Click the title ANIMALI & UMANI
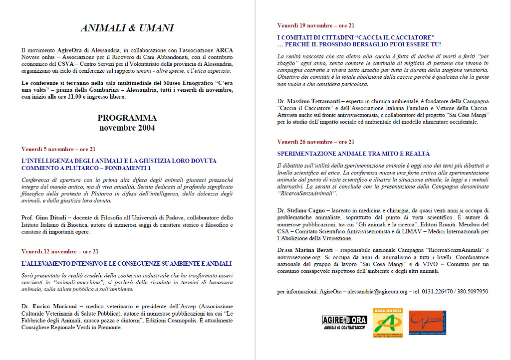tap(127, 28)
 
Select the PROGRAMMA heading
tap(127, 118)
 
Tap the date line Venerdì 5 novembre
tap(58, 149)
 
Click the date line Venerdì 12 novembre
tap(60, 251)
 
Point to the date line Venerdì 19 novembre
tap(316, 25)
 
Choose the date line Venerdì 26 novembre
tap(316, 142)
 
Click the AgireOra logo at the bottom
tap(344, 322)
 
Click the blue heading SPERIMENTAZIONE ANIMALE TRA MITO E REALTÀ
tap(353, 154)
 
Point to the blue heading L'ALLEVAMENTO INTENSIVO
tap(126, 263)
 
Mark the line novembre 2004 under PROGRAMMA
tap(127, 128)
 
